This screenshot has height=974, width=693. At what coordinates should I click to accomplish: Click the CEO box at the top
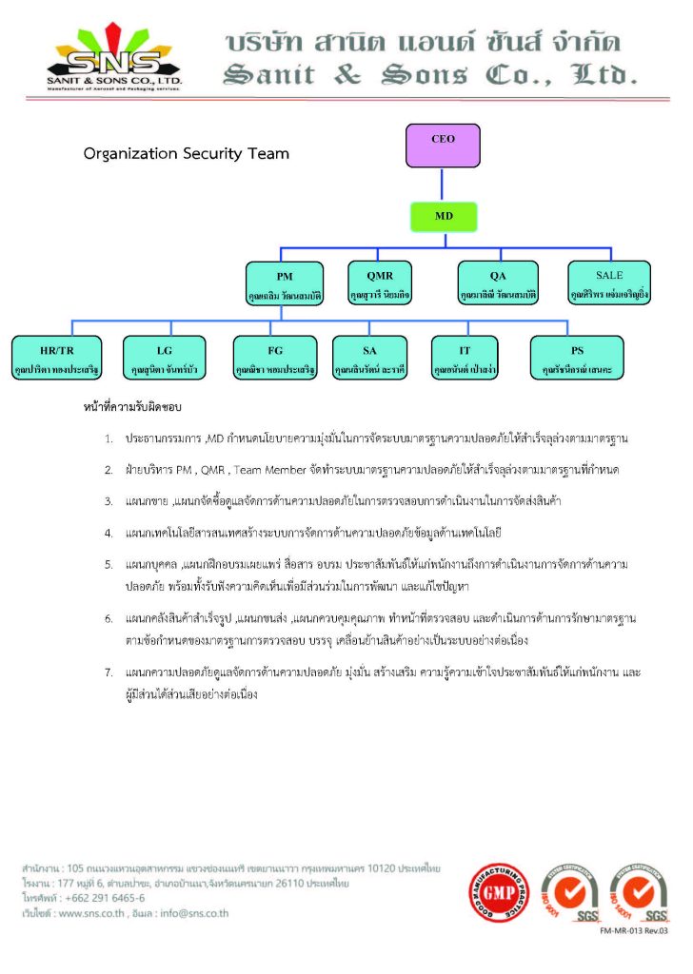(443, 146)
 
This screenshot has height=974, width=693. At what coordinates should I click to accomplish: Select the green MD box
(444, 216)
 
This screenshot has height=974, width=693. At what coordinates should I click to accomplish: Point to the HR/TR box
(57, 358)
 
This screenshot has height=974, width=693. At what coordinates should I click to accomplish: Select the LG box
(164, 358)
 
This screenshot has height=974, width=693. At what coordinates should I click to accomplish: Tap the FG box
(275, 358)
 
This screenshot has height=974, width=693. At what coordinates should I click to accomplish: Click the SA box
(369, 358)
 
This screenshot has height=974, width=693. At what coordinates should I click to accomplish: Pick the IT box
(465, 358)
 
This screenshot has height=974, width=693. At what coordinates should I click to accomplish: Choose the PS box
(577, 358)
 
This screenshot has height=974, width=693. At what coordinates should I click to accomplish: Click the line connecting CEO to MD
(444, 185)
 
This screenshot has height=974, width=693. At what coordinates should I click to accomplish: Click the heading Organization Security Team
(187, 153)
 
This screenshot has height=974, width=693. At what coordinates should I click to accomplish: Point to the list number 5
(109, 564)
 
